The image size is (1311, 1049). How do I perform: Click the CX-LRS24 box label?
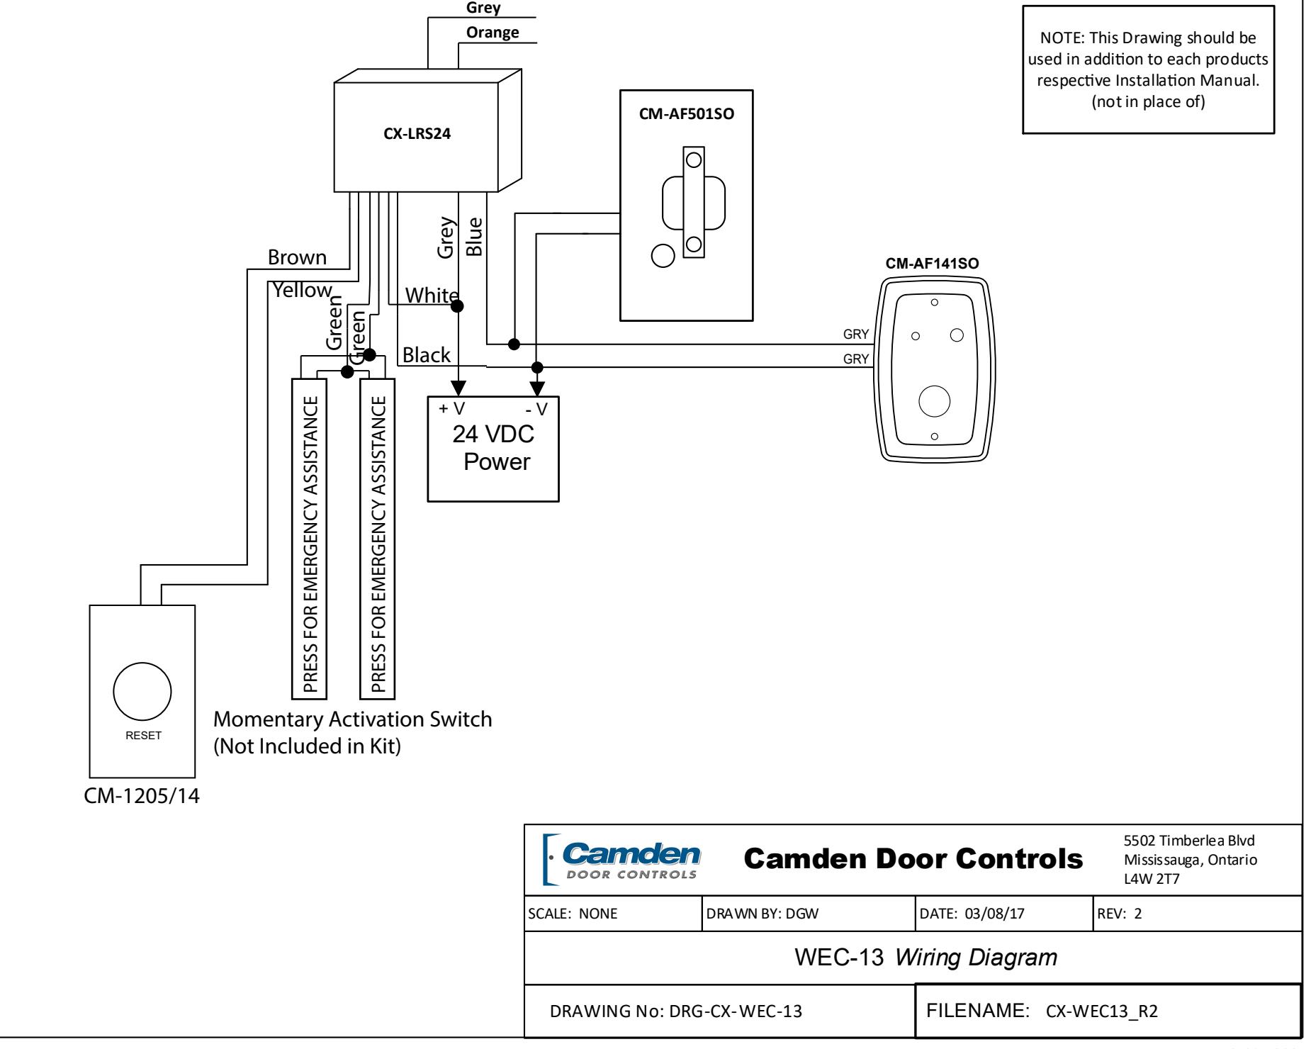pyautogui.click(x=417, y=137)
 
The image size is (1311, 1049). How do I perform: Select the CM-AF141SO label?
pyautogui.click(x=933, y=264)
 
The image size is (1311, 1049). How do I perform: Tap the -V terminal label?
pyautogui.click(x=536, y=410)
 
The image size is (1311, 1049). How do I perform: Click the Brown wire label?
pyautogui.click(x=297, y=257)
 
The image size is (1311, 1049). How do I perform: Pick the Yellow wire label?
pyautogui.click(x=303, y=289)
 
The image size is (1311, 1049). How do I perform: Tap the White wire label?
pyautogui.click(x=431, y=295)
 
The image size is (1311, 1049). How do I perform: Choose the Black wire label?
pyautogui.click(x=427, y=355)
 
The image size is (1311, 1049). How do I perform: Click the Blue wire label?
pyautogui.click(x=474, y=236)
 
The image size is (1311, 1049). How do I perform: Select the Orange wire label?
pyautogui.click(x=493, y=33)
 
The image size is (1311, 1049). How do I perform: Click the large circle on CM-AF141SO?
pyautogui.click(x=934, y=401)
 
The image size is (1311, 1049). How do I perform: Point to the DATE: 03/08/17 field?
pyautogui.click(x=972, y=914)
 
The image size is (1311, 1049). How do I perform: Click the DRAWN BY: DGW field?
pyautogui.click(x=763, y=914)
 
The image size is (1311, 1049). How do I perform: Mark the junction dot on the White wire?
pyautogui.click(x=458, y=306)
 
